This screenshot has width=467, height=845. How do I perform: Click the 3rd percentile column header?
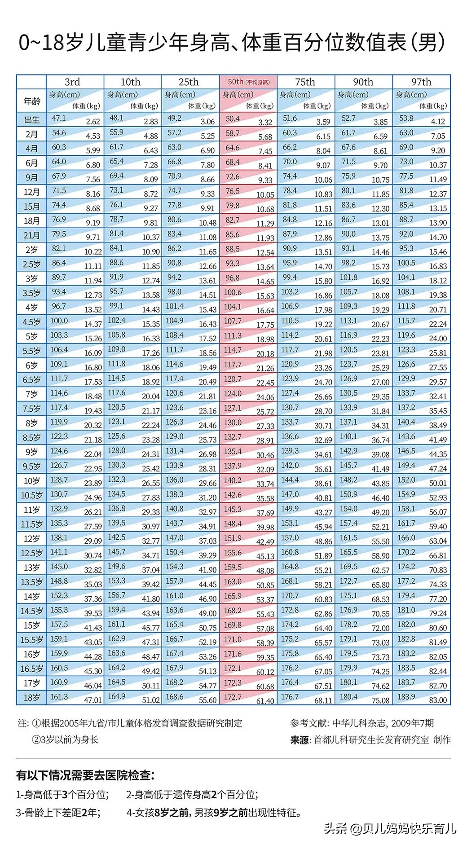72,82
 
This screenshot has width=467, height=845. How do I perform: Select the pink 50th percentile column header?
248,82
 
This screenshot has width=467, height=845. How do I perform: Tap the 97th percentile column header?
421,82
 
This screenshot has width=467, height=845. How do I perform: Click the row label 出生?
31,120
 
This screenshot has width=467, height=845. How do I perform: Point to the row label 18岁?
31,698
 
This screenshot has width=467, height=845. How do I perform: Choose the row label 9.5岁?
31,467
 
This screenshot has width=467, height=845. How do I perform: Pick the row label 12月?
31,192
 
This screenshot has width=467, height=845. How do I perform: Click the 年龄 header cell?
31,101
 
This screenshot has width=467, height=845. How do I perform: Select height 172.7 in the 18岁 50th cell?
233,697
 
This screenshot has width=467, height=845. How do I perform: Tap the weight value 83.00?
438,700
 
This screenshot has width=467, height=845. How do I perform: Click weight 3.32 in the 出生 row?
265,122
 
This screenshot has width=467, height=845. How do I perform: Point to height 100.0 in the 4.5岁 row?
59,321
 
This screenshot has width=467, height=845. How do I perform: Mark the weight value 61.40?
265,700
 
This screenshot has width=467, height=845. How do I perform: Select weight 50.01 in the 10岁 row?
438,484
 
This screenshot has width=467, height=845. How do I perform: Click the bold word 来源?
300,739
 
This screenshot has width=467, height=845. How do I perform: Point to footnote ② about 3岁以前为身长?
65,739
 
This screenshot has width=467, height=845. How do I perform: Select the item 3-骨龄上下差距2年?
58,812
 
